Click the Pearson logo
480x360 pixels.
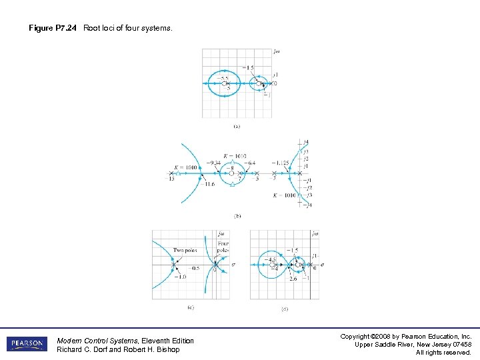click(x=27, y=344)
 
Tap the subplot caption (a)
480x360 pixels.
click(x=237, y=126)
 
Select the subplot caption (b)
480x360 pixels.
click(x=237, y=216)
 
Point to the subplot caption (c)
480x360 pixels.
click(x=191, y=307)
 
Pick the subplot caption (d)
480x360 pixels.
click(x=285, y=309)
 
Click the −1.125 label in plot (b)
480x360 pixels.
click(x=281, y=163)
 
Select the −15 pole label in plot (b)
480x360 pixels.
click(x=172, y=179)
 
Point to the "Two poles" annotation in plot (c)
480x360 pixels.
click(x=185, y=251)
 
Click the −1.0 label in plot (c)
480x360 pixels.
click(x=180, y=276)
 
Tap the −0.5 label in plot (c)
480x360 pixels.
click(x=195, y=268)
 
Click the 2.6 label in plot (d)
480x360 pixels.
click(x=293, y=279)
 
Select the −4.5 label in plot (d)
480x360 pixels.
click(x=271, y=259)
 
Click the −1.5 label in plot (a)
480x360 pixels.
click(x=248, y=67)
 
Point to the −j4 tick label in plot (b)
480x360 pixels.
click(x=307, y=205)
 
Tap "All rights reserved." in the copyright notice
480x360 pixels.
click(x=443, y=353)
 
